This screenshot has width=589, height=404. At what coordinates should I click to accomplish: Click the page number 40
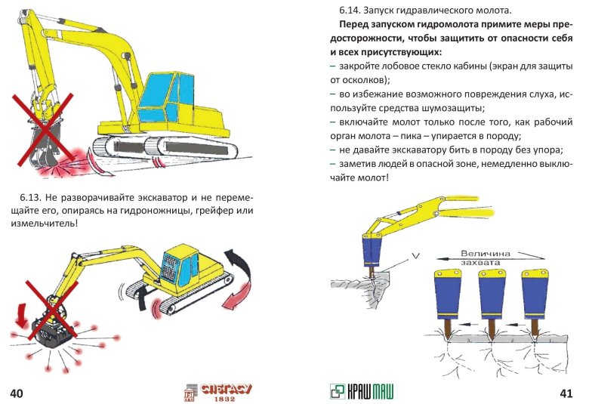coord(17,393)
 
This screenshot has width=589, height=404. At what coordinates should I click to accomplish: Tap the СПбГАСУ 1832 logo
coord(220,391)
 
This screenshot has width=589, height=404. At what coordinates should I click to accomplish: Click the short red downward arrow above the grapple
coord(21,312)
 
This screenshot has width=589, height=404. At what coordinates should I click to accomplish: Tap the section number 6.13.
coord(33,197)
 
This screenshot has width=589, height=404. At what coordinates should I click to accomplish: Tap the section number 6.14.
coord(353,11)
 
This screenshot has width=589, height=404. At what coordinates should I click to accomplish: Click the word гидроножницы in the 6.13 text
coord(168,211)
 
